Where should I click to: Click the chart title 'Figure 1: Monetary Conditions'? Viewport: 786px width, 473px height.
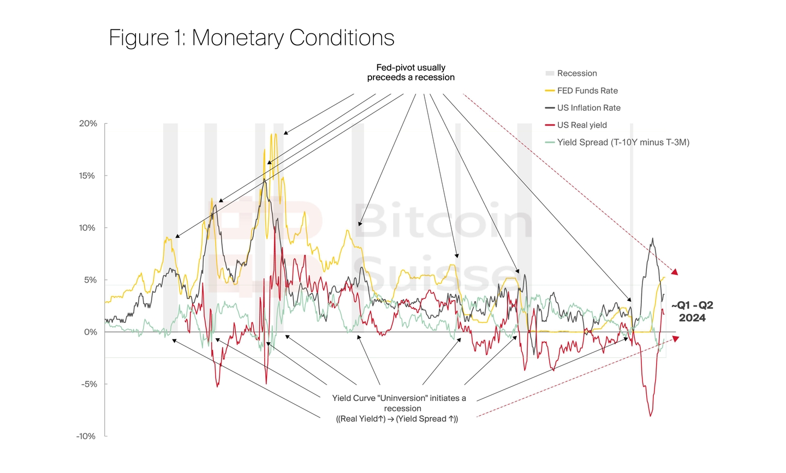[252, 38]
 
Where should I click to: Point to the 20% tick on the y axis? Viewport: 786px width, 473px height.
[88, 124]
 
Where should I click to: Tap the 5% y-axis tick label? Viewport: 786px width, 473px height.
[90, 280]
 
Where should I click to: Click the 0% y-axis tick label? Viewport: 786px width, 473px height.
[90, 332]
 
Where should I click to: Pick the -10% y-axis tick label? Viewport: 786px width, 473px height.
[86, 436]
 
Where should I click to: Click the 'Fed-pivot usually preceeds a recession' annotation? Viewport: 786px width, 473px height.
[410, 73]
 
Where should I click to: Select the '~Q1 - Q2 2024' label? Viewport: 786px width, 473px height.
[692, 312]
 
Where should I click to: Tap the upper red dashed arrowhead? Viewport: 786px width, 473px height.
[675, 272]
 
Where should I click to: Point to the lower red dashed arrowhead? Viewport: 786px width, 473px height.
[676, 339]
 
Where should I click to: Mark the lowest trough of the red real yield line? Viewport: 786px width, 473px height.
[650, 416]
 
